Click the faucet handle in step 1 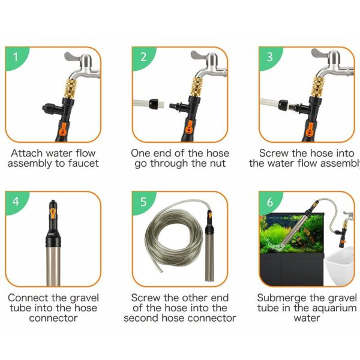[72, 56]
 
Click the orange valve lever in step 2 [189, 129]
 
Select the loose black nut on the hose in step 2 [154, 104]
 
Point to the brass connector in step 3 [318, 87]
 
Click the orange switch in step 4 [53, 213]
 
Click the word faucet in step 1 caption [83, 163]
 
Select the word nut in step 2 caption [218, 164]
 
